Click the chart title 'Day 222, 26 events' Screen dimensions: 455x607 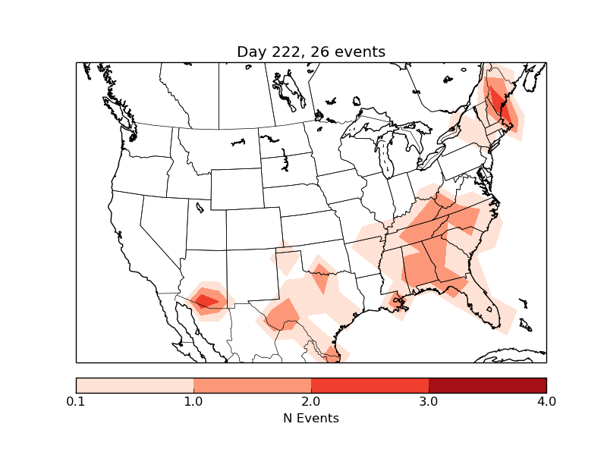tap(311, 52)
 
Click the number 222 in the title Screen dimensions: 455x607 tap(282, 52)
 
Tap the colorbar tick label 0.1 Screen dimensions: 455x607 tap(76, 401)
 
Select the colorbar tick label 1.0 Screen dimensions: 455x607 tap(193, 401)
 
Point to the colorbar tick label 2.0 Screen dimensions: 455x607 tap(311, 401)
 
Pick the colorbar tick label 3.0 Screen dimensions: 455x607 tap(429, 401)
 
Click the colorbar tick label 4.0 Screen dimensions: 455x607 tap(546, 401)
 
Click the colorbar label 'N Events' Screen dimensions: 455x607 tap(311, 418)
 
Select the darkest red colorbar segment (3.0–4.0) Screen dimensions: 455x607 tap(487, 385)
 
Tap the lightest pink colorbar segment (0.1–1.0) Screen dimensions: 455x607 tap(134, 385)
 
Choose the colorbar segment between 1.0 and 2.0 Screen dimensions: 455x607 tap(252, 385)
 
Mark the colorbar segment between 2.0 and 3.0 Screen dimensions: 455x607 tap(370, 385)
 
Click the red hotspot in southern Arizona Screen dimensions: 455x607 tap(206, 301)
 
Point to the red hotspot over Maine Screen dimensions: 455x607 tap(497, 99)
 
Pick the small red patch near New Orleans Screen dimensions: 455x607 tap(395, 302)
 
